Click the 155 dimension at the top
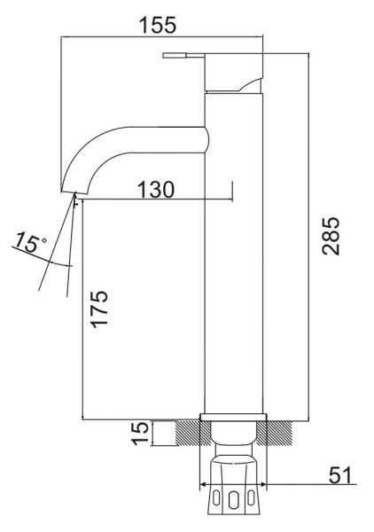click(158, 25)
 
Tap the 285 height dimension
click(331, 236)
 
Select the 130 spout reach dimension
click(156, 190)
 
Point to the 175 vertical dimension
click(99, 308)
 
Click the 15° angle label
click(30, 242)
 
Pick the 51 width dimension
click(340, 475)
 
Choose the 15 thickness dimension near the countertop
click(140, 433)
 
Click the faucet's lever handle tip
click(164, 55)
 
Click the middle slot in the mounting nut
click(232, 500)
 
